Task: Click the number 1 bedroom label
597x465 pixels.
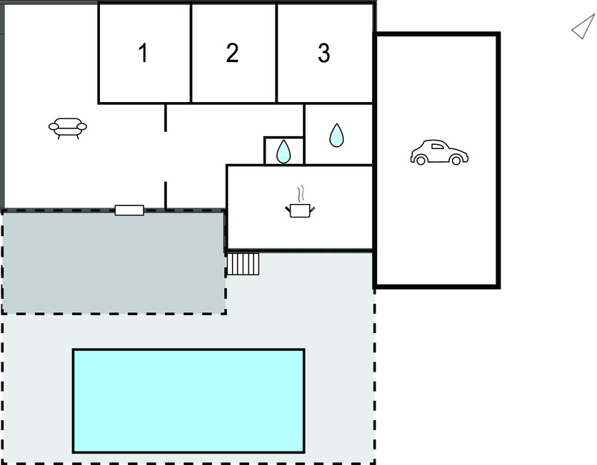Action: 143,53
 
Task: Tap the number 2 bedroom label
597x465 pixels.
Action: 232,53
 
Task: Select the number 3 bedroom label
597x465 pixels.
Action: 324,53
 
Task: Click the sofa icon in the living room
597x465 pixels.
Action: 68,128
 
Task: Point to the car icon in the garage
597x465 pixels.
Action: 439,152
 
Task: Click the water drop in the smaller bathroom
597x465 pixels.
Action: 284,152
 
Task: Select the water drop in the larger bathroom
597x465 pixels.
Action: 336,135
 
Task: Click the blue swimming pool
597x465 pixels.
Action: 189,401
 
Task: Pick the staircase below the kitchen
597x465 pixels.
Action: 243,264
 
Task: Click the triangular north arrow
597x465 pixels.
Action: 583,26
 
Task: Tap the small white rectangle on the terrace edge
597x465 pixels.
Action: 129,210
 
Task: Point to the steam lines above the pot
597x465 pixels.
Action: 301,194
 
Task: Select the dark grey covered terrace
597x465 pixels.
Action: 114,262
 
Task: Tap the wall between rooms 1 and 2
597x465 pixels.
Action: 191,53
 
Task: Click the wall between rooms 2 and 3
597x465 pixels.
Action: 276,53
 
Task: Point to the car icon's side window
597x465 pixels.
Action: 438,146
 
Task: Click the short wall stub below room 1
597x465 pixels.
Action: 166,118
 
